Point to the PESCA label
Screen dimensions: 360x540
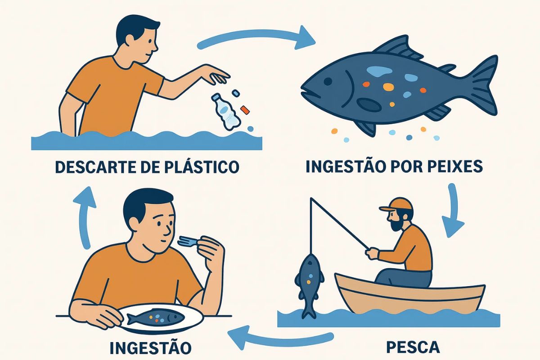(x=413, y=347)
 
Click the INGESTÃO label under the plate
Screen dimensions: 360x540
(x=150, y=347)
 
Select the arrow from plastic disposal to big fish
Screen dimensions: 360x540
(x=256, y=39)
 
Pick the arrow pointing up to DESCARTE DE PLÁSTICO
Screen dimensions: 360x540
(x=85, y=216)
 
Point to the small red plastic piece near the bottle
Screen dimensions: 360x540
(x=245, y=109)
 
